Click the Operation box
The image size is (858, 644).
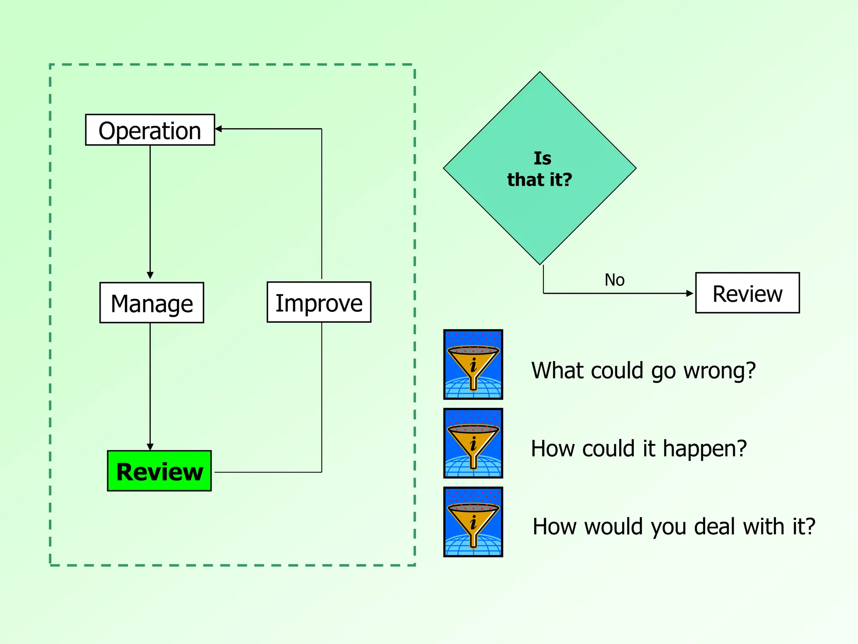click(x=150, y=130)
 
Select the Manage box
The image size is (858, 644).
click(x=152, y=303)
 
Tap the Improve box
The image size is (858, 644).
click(x=319, y=302)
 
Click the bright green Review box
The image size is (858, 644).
click(x=159, y=471)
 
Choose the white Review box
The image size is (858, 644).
click(x=747, y=293)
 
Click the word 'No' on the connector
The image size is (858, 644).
click(x=614, y=280)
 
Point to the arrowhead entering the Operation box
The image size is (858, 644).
click(x=218, y=129)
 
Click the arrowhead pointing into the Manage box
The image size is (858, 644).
click(x=150, y=275)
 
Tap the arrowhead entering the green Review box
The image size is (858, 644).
click(x=150, y=447)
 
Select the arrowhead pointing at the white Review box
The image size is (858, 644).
click(x=690, y=293)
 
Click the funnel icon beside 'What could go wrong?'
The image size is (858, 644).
click(x=473, y=364)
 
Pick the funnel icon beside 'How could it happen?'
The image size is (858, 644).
click(x=473, y=443)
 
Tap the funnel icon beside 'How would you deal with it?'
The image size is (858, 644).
click(x=473, y=522)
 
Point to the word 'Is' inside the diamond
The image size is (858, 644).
click(x=542, y=158)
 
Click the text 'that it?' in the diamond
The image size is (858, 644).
click(x=540, y=180)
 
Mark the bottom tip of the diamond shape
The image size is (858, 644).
click(x=540, y=264)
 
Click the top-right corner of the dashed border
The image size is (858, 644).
click(x=414, y=65)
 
